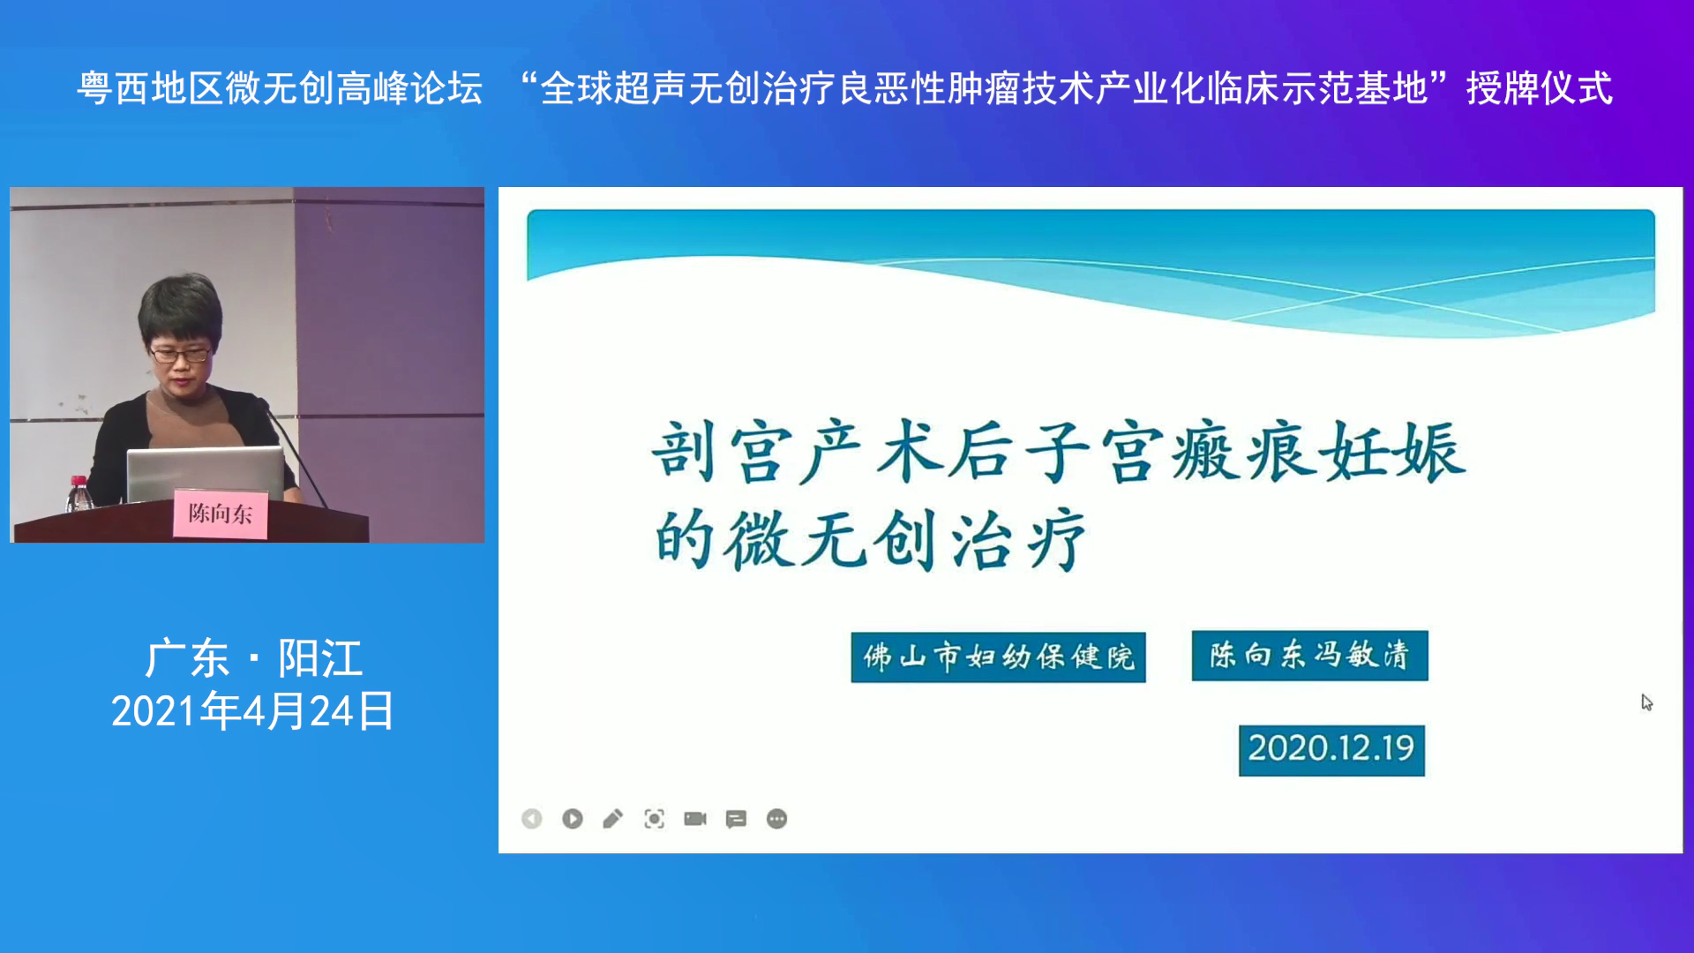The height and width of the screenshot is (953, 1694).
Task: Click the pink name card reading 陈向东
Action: click(x=220, y=513)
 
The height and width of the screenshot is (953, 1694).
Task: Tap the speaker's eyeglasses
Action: click(x=180, y=355)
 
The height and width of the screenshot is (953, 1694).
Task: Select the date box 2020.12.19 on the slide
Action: click(x=1331, y=750)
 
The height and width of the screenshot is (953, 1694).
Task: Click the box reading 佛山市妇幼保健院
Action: click(x=998, y=657)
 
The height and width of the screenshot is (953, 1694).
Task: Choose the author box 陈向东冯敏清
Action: click(x=1309, y=656)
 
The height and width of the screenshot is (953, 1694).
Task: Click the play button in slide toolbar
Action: click(x=573, y=819)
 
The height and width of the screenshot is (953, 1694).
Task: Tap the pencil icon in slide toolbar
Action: click(x=613, y=819)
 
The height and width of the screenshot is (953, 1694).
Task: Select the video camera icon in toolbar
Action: click(x=695, y=819)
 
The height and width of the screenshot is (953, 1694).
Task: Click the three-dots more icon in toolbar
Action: click(x=776, y=819)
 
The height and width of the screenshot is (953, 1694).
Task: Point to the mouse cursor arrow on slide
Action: click(x=1646, y=702)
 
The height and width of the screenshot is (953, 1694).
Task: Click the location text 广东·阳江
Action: click(x=253, y=658)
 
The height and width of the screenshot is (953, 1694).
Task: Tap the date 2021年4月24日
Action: click(x=253, y=711)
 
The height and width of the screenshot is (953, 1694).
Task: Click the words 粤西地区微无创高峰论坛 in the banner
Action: click(x=280, y=89)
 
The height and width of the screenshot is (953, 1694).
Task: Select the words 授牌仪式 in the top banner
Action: click(x=1540, y=89)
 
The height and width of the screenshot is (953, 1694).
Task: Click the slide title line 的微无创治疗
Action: click(x=870, y=539)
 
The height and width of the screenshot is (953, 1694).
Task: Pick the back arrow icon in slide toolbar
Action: click(x=532, y=819)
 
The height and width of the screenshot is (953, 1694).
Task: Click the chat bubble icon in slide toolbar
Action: click(x=736, y=820)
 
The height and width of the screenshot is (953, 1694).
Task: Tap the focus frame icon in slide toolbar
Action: click(x=654, y=819)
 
